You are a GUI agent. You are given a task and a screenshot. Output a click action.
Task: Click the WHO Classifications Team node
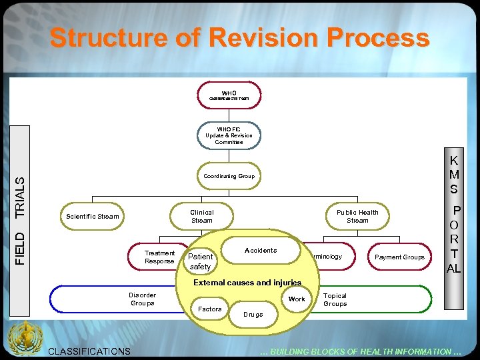[229, 95]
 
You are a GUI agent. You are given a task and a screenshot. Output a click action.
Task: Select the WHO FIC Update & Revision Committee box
[229, 135]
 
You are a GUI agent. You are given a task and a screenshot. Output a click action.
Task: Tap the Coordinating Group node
[229, 176]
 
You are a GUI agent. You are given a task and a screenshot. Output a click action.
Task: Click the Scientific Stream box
[93, 216]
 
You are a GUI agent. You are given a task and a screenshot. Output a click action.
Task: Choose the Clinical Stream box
[202, 216]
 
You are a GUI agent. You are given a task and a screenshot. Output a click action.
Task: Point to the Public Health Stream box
[357, 216]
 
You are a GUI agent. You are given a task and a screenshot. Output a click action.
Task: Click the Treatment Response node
[159, 257]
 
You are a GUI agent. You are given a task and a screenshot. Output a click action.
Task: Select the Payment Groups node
[399, 257]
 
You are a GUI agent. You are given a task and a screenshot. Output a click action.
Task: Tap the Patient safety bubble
[201, 261]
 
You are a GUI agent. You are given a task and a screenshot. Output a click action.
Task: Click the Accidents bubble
[261, 250]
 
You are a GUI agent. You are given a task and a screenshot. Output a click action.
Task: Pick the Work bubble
[297, 299]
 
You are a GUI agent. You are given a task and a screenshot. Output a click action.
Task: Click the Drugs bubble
[253, 314]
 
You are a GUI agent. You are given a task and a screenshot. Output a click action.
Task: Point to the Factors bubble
[210, 309]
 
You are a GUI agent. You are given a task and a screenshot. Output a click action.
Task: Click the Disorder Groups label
[142, 299]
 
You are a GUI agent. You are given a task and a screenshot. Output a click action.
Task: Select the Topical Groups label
[335, 299]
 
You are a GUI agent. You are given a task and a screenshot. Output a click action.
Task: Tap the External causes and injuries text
[247, 283]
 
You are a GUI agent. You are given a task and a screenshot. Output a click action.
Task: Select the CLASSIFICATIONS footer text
[91, 351]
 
